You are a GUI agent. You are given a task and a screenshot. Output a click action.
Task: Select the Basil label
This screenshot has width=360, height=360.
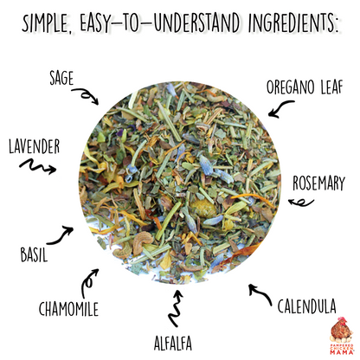coord(34,255)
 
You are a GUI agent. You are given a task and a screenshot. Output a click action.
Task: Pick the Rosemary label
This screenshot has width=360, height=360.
coord(318,183)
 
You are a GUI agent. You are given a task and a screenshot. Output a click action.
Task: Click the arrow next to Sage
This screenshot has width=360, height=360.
coord(84,95)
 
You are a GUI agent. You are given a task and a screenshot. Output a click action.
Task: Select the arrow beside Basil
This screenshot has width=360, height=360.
coord(61,233)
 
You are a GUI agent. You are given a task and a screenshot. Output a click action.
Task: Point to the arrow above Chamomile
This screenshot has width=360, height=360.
coord(89,280)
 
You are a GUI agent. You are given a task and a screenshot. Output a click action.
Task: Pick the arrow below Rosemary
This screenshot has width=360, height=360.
coord(302,202)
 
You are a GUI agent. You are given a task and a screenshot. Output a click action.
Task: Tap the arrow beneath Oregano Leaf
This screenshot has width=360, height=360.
coord(280,108)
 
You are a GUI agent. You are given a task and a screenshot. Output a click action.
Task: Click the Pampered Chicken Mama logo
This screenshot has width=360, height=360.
coord(338,337)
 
